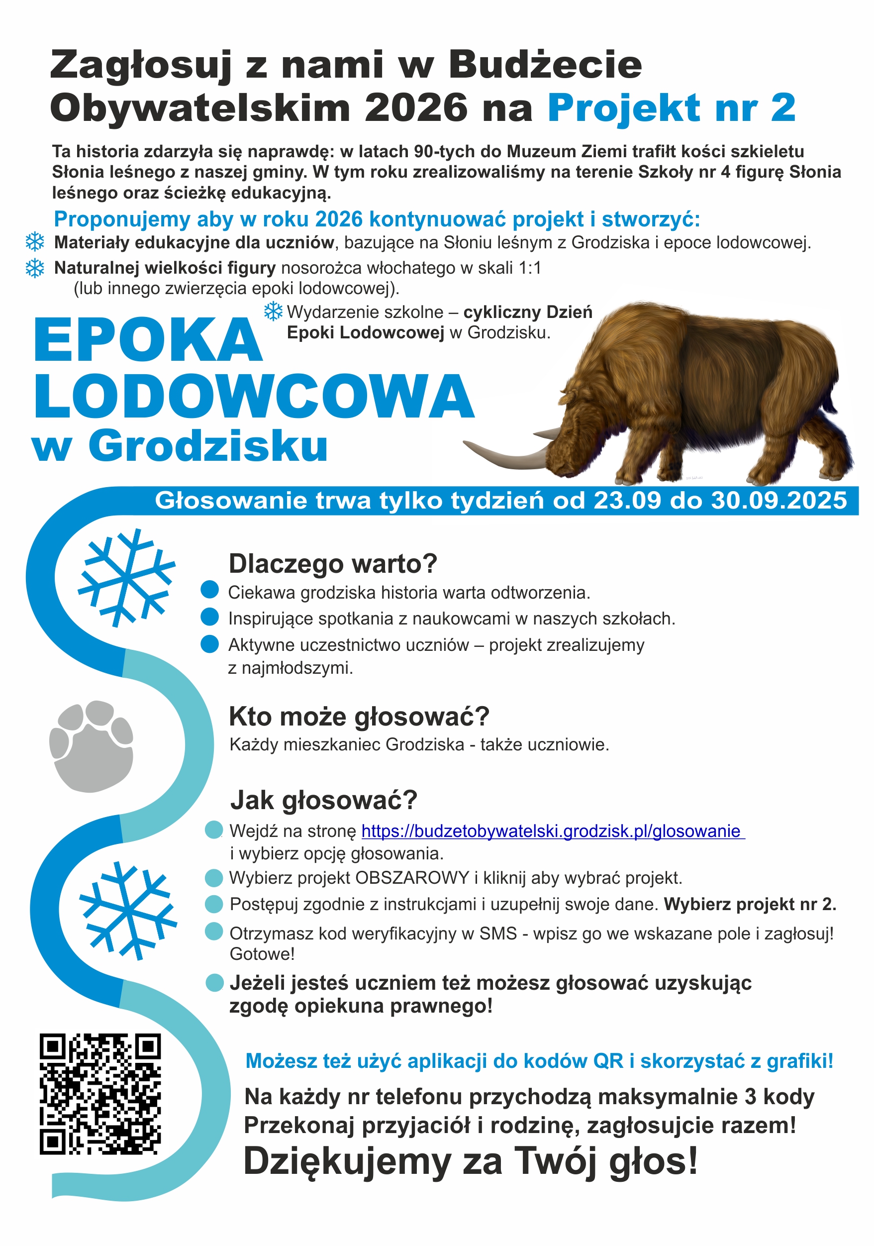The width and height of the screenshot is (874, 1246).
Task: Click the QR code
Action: point(100,1095)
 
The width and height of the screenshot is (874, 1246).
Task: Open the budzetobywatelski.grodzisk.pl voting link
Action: point(552,831)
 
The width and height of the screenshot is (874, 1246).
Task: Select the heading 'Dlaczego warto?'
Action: point(333,564)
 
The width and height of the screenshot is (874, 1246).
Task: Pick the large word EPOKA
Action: point(148,340)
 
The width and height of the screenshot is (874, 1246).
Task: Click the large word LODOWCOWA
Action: point(254,397)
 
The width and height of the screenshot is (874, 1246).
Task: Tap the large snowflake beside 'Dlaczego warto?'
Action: point(126,577)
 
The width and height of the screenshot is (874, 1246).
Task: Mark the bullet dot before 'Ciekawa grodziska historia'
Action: point(209,589)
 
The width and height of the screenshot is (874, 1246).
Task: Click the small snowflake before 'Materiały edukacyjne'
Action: point(35,242)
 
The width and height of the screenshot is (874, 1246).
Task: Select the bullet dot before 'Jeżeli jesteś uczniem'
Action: point(214,983)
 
